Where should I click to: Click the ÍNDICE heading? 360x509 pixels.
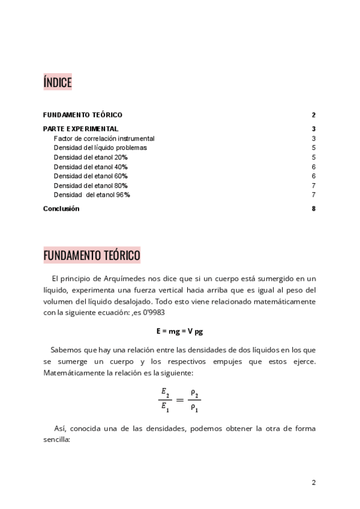58,82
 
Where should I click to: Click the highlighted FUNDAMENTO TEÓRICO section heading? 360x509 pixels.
92,256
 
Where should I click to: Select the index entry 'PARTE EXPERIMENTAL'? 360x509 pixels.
80,128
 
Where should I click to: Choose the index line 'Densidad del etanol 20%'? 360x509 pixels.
91,157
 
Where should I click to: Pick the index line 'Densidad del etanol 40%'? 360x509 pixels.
91,167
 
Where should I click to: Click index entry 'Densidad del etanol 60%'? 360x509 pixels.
91,176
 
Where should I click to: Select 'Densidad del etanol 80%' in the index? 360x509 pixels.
91,185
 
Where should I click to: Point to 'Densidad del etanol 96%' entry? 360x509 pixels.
92,195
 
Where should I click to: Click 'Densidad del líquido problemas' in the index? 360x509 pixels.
100,148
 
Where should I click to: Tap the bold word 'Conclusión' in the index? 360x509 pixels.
61,209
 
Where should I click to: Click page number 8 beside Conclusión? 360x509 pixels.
314,209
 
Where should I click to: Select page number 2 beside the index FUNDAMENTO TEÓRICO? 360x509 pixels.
314,115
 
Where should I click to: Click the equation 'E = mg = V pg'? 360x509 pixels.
179,331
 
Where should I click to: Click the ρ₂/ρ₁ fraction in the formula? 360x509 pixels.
195,399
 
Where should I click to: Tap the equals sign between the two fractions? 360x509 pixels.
179,400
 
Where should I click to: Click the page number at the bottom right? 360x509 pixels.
313,482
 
